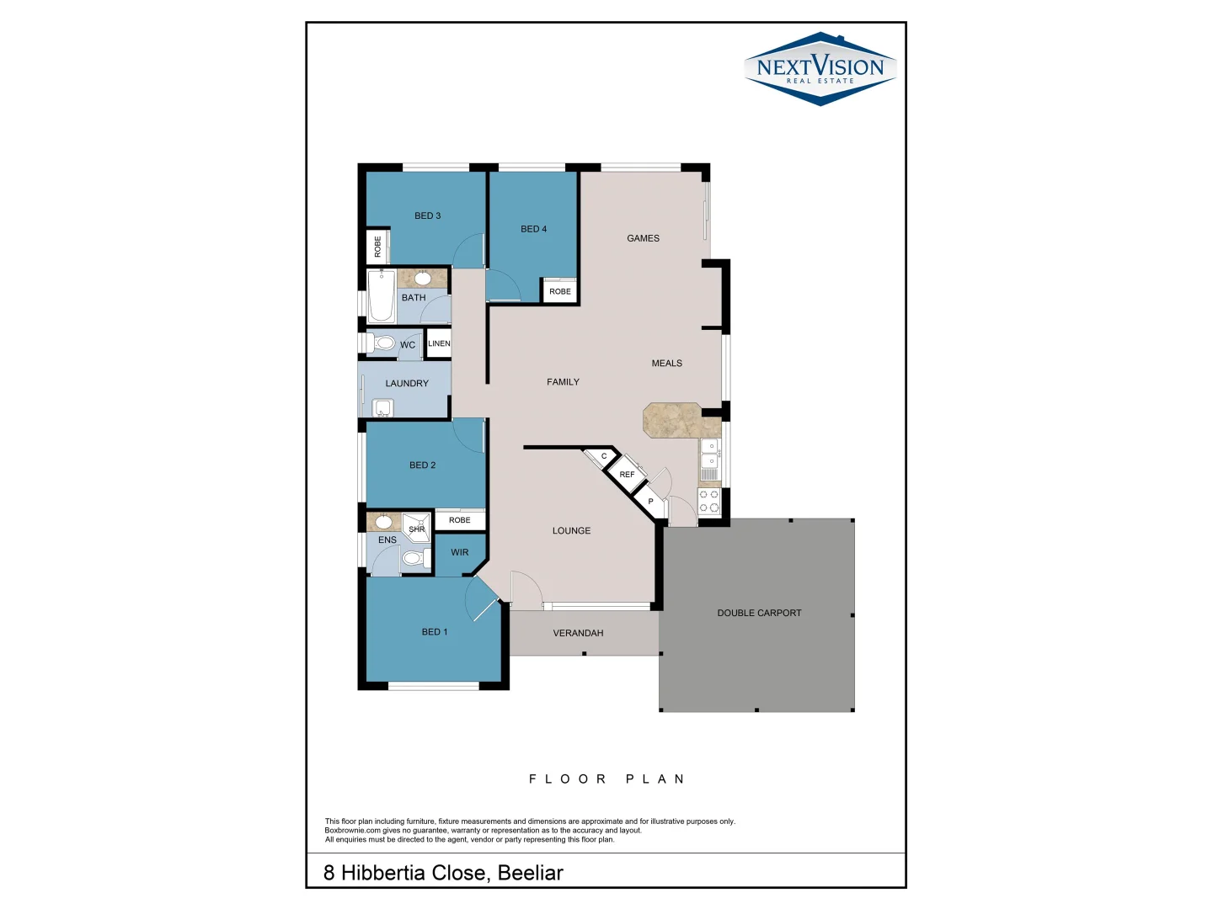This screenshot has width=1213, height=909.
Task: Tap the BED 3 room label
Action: [x=427, y=216]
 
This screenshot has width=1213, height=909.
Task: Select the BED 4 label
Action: [x=533, y=229]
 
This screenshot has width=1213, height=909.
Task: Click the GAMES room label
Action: [x=643, y=238]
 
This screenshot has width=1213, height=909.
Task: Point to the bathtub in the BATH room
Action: [x=382, y=296]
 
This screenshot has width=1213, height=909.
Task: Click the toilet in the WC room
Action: [x=383, y=343]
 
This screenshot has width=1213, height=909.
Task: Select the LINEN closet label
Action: [x=439, y=343]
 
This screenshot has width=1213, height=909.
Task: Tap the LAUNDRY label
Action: [x=407, y=384]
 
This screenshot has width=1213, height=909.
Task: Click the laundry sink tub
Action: [x=383, y=409]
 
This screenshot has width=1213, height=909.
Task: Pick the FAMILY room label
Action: [x=563, y=382]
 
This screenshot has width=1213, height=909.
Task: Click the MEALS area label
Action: [x=666, y=364]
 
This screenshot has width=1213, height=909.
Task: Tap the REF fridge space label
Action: [x=627, y=475]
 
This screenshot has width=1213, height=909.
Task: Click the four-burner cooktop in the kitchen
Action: [x=709, y=502]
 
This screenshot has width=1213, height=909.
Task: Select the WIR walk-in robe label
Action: [x=459, y=553]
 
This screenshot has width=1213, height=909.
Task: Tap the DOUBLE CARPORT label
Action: [x=759, y=614]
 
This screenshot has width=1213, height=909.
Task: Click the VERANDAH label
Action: [x=578, y=634]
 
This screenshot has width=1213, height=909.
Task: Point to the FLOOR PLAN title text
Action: [x=606, y=779]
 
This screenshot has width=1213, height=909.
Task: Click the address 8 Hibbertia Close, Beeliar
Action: [x=443, y=873]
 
